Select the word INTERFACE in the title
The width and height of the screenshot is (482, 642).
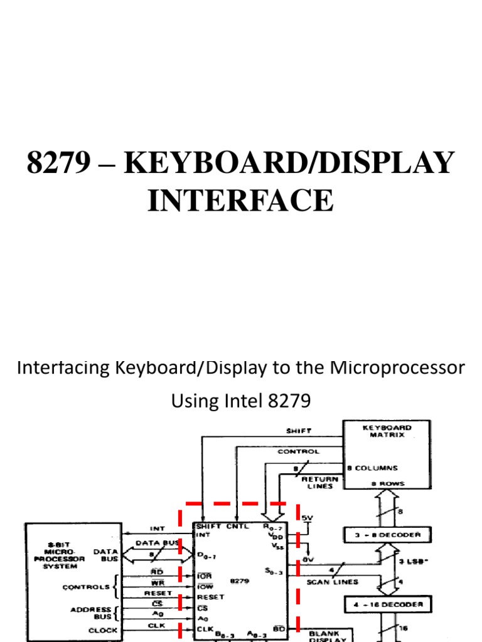click(x=240, y=201)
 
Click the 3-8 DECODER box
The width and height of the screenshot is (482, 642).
click(x=387, y=535)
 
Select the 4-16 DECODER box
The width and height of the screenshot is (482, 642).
click(x=387, y=605)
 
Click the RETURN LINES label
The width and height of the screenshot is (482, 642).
click(x=321, y=482)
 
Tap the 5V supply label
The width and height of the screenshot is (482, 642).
click(x=306, y=518)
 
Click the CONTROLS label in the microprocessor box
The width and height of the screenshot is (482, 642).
click(x=85, y=587)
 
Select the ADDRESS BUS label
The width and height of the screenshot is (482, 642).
click(x=94, y=613)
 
